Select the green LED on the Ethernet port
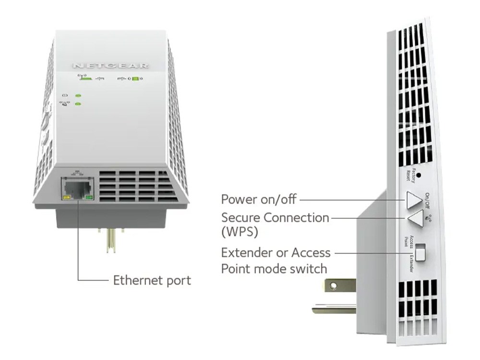click(x=87, y=197)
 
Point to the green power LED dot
click(x=78, y=95)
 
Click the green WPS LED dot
click(x=78, y=104)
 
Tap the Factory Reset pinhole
click(x=419, y=175)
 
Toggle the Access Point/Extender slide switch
click(x=420, y=253)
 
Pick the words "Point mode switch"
click(x=274, y=268)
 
